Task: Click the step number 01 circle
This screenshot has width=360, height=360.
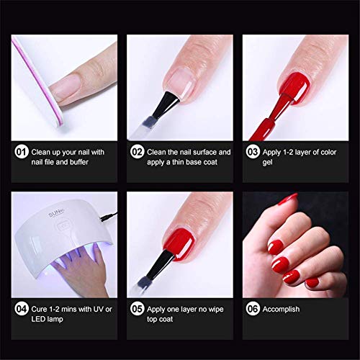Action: tap(22, 152)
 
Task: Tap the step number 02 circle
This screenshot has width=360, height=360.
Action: tap(138, 152)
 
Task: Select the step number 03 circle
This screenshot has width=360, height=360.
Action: tap(253, 152)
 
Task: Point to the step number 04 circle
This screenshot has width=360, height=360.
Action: tap(22, 309)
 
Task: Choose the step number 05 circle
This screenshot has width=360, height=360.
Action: tap(138, 309)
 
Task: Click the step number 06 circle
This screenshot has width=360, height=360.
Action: tap(253, 309)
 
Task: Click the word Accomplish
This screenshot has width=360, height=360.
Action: tap(281, 310)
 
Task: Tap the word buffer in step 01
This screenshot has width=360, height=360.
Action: tap(79, 162)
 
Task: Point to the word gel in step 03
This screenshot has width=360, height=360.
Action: tap(267, 163)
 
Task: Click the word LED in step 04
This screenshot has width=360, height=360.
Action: tap(37, 319)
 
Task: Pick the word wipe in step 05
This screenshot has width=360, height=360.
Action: tap(216, 310)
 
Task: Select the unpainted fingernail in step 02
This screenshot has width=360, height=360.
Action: tap(181, 83)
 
